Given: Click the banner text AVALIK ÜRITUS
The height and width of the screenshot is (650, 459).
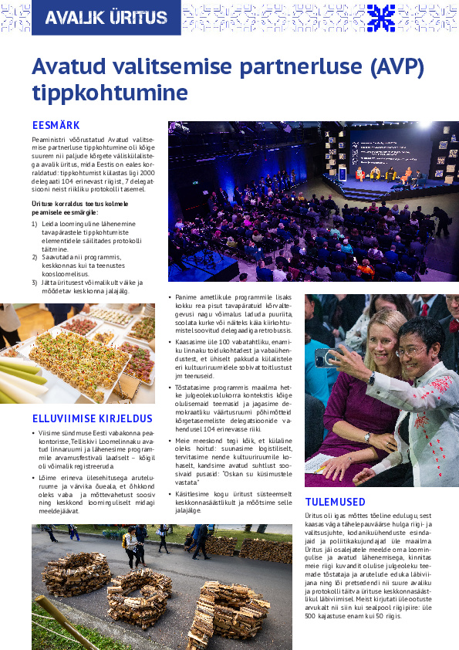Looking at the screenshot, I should click(x=105, y=18).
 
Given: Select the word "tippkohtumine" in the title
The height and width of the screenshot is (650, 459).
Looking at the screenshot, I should click(x=110, y=93).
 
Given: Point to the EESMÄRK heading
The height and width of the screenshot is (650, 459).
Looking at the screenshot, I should click(x=56, y=125).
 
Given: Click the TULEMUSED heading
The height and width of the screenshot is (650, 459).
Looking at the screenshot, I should click(x=335, y=502).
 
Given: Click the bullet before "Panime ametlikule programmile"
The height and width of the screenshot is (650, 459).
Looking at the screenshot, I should click(x=170, y=296).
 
